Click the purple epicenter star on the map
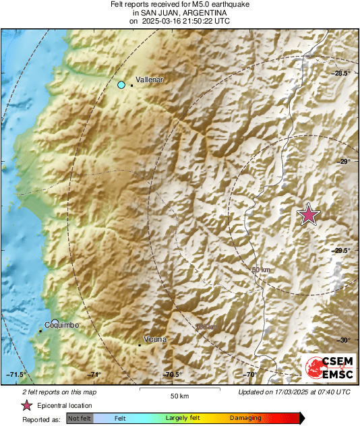point(309,214)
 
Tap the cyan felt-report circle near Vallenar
point(121,84)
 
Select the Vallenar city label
point(150,80)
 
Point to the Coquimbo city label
point(61,325)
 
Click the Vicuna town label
point(155,339)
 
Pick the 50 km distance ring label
point(260,270)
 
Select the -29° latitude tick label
point(344,162)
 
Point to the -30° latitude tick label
point(344,340)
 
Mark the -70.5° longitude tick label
point(171,375)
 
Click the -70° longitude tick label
point(250,375)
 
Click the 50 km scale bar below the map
point(178,390)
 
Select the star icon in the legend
point(27,405)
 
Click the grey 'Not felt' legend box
point(80,419)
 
